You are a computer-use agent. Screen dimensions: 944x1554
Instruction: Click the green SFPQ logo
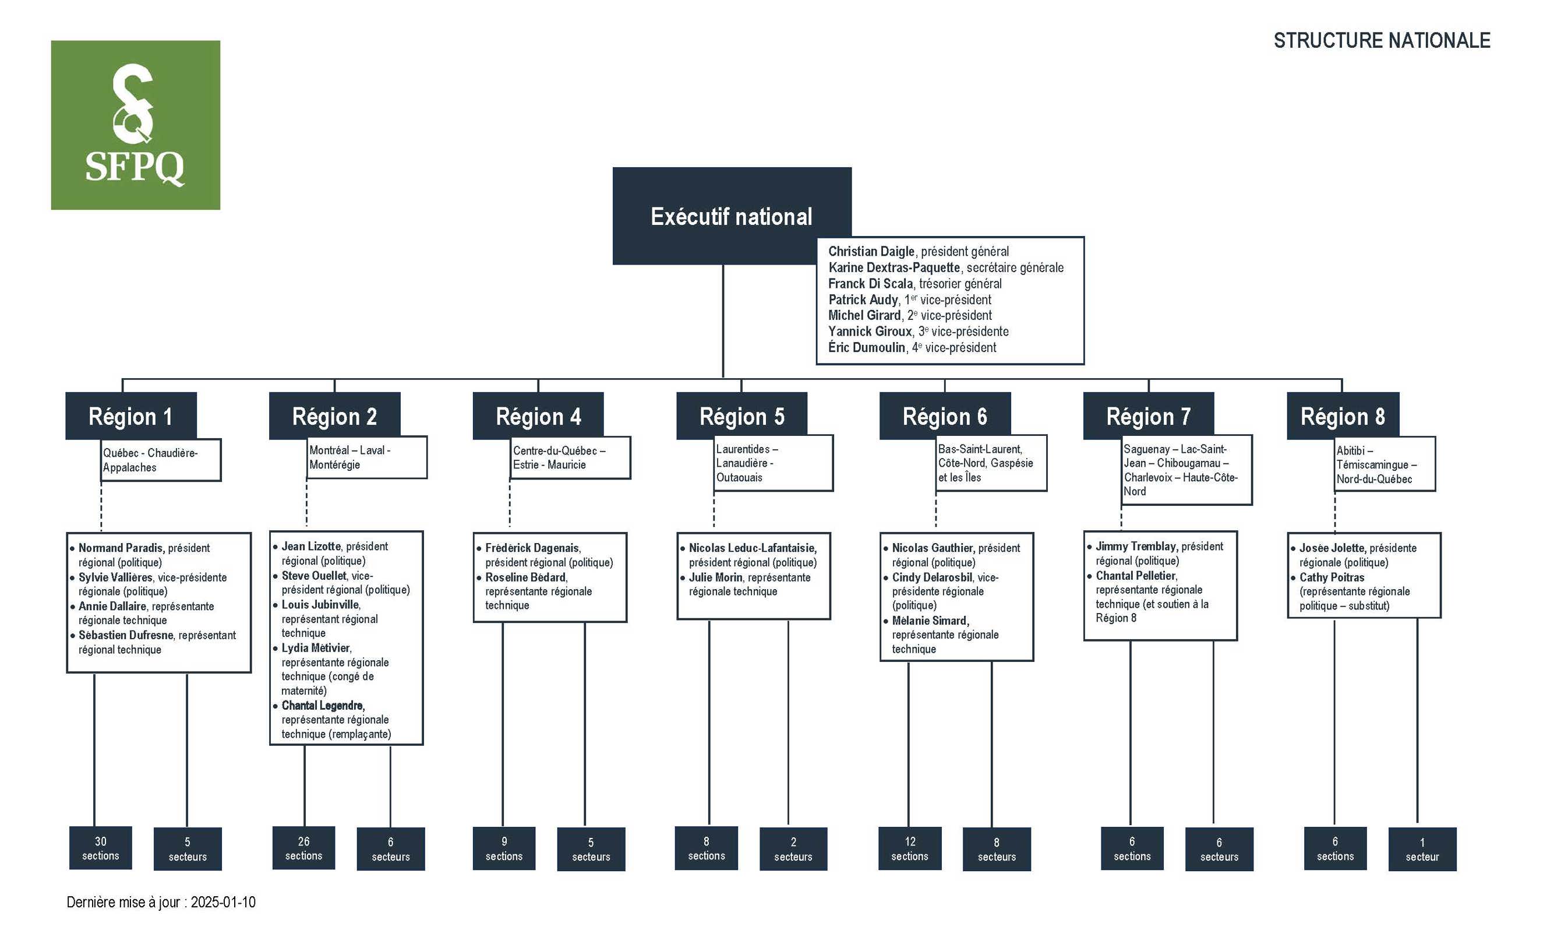click(x=135, y=125)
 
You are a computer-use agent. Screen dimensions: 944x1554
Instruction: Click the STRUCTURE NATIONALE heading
click(x=1381, y=41)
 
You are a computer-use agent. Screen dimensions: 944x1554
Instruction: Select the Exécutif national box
click(x=731, y=216)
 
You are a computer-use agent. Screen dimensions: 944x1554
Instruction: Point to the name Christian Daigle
click(x=871, y=251)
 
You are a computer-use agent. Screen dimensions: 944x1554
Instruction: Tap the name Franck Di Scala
click(x=870, y=283)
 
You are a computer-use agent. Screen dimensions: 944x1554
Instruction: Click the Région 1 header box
click(x=130, y=416)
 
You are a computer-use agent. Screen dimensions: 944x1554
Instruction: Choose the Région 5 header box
click(x=741, y=416)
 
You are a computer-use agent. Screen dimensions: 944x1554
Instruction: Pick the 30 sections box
click(x=100, y=848)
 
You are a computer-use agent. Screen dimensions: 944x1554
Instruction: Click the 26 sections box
click(x=303, y=848)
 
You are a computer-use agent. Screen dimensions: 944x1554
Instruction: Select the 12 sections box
click(x=909, y=848)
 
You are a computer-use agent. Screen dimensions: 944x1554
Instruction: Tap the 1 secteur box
click(x=1422, y=850)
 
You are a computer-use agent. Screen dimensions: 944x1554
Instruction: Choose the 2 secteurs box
click(x=793, y=850)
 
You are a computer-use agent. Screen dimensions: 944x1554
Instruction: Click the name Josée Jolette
click(x=1332, y=548)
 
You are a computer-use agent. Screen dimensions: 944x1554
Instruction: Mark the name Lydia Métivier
click(x=315, y=648)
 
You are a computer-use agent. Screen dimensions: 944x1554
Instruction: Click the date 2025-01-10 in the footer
click(x=223, y=903)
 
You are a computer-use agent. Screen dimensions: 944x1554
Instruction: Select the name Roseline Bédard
click(x=525, y=577)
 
